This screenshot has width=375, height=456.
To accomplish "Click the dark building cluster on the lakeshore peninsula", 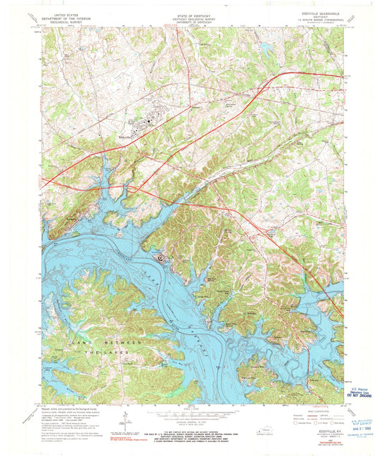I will click(161, 257).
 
